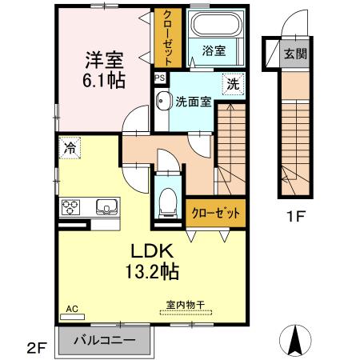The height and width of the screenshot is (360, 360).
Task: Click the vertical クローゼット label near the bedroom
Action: [168, 38]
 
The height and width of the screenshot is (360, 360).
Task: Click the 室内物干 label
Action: [186, 304]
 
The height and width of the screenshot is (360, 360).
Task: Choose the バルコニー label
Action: [104, 339]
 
